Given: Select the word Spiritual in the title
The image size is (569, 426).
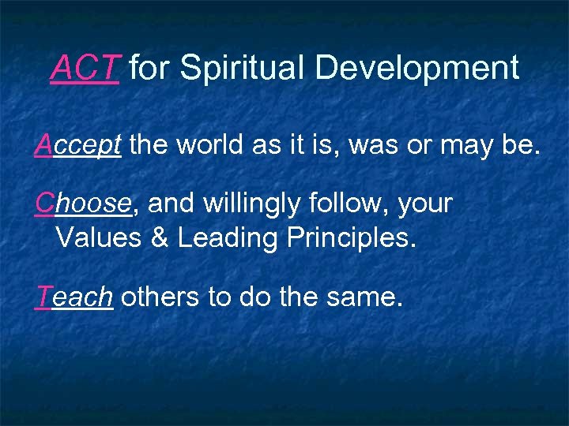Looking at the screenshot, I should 243,69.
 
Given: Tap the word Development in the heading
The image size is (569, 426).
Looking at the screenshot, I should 417,69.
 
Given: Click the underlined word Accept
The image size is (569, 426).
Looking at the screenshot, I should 77,144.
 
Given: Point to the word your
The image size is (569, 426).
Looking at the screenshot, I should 425,204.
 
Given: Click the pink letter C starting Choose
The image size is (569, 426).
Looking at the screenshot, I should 44,204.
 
